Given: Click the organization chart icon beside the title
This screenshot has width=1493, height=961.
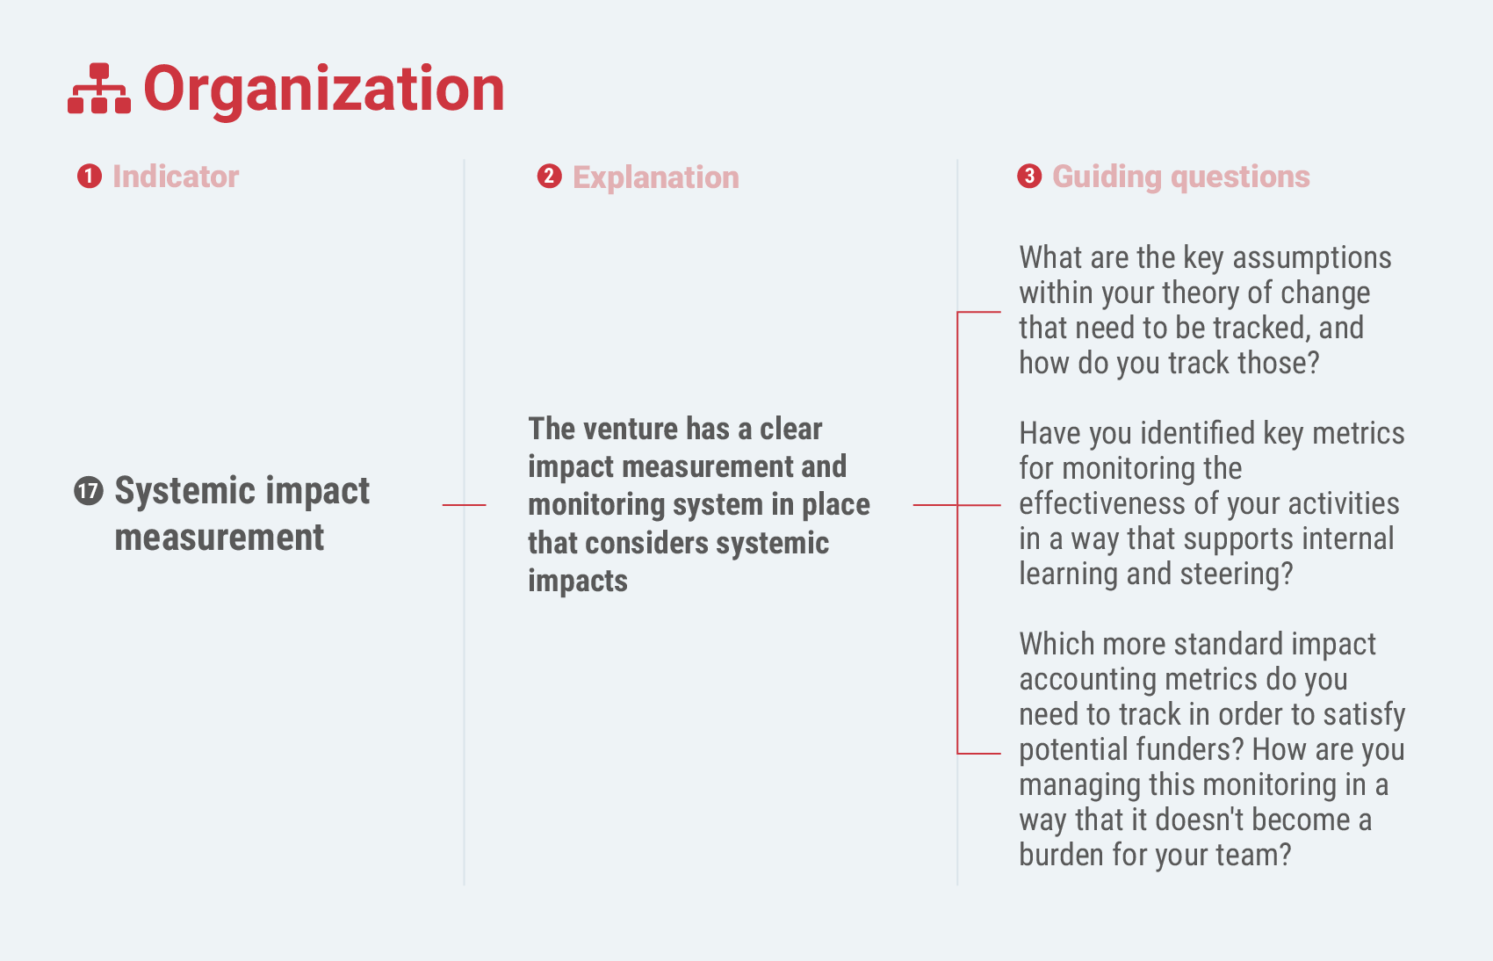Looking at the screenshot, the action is point(99,89).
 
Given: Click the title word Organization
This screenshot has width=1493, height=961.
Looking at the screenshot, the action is point(324,90).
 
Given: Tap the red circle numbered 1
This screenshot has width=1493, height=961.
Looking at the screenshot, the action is point(90,177).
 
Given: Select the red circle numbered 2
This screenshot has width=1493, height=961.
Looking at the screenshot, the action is point(549,177).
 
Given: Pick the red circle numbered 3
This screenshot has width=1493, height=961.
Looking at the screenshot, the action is point(1029,177).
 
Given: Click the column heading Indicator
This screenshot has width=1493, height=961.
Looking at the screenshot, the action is point(176,177).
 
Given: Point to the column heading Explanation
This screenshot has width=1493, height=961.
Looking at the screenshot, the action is point(656,178).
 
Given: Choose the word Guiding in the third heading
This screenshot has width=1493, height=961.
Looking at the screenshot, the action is point(1107,178).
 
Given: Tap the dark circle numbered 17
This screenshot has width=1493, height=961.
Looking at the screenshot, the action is point(89,491).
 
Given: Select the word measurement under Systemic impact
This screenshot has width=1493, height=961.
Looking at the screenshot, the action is point(220,537).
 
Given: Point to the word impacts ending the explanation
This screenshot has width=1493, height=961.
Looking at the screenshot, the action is point(578,582).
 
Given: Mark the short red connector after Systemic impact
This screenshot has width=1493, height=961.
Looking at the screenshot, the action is point(464,505).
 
